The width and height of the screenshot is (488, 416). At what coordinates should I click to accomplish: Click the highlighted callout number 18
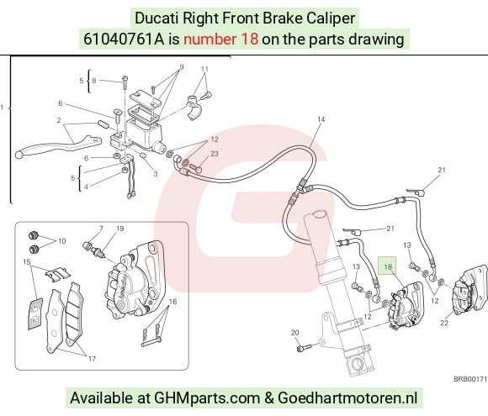point(388,266)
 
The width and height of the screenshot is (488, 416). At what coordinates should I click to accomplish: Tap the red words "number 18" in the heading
point(220,39)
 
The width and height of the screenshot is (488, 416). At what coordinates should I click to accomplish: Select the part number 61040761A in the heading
point(124,39)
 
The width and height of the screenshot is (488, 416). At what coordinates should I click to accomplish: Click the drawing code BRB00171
point(470,379)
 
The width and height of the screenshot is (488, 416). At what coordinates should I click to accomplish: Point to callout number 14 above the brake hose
point(321,119)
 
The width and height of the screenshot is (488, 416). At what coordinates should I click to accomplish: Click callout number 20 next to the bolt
point(295,332)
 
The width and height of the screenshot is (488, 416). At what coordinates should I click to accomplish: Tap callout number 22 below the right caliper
point(444,323)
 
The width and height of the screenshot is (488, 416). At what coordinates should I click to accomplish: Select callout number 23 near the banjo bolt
point(215,154)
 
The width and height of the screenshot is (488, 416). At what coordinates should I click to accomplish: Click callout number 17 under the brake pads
point(92,359)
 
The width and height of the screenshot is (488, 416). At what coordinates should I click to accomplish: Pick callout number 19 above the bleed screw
point(119,229)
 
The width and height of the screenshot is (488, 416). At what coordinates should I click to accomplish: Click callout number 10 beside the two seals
point(62,241)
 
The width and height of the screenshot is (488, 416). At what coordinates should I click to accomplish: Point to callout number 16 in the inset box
point(172,301)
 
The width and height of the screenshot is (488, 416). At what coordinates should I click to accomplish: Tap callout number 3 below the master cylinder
point(156,174)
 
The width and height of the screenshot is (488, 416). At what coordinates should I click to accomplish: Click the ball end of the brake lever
point(19,154)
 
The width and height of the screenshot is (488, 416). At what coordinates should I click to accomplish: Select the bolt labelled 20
point(304,348)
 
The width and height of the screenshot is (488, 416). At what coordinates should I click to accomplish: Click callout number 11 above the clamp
point(204,69)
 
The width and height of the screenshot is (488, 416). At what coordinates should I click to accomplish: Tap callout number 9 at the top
point(182,67)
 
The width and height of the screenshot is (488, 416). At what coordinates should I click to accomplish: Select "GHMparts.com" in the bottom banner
point(207,398)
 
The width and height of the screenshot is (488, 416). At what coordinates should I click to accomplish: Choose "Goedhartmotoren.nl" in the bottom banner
point(347,398)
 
